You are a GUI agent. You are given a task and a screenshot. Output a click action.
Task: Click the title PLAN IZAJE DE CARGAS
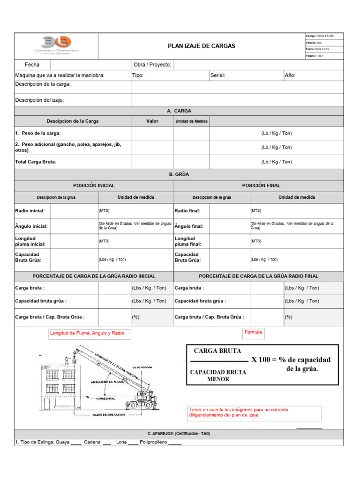point(202,46)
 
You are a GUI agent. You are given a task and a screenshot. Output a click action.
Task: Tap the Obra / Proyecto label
point(152,65)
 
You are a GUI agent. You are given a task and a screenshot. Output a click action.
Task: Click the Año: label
point(290,75)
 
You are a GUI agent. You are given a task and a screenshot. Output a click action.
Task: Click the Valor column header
point(152,121)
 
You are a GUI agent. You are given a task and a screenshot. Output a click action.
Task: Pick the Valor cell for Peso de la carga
point(152,134)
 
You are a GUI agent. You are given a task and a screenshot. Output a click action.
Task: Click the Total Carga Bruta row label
point(36,162)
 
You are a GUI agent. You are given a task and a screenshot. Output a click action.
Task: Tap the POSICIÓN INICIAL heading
point(94,186)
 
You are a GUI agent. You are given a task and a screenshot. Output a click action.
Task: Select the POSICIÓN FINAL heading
point(261,186)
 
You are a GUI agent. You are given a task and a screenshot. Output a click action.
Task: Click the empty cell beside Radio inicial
point(74,211)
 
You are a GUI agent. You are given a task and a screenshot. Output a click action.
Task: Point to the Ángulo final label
point(189,226)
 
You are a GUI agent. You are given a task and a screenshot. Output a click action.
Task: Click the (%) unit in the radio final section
point(289,317)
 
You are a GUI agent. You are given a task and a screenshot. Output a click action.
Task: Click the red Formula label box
point(253,332)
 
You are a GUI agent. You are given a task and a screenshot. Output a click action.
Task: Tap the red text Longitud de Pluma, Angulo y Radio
point(87,333)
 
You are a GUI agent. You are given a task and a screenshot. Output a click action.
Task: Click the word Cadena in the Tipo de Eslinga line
point(92,442)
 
